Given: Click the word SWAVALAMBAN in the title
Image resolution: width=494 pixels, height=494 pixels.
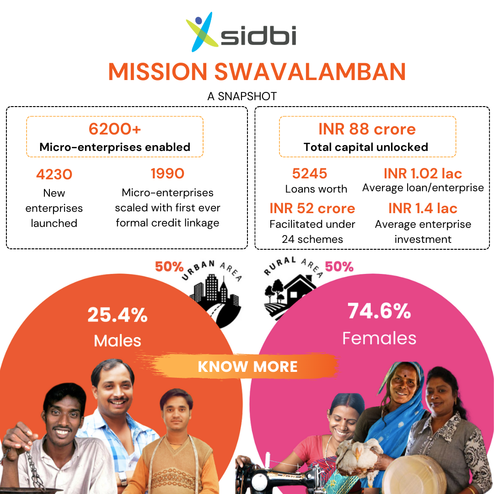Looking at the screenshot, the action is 310,71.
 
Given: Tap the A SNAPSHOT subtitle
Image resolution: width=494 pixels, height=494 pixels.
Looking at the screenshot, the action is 242,96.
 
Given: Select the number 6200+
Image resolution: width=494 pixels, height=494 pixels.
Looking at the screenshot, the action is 115,129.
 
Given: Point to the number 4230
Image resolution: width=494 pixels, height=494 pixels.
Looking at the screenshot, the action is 54,174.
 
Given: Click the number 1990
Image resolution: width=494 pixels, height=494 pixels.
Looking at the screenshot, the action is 167,174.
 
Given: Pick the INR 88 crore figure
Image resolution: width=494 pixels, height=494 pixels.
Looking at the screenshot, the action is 367,129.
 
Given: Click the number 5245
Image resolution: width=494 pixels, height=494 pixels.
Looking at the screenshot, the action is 309,174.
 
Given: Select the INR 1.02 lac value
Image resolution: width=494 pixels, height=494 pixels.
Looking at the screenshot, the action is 423,174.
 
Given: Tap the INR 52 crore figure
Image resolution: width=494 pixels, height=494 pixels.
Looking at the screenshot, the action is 312,208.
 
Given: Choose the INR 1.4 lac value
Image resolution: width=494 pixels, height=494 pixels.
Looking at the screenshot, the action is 423,208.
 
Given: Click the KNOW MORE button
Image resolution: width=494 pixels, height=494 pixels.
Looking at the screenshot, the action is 247,366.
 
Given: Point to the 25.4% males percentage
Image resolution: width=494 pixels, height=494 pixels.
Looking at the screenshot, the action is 118,315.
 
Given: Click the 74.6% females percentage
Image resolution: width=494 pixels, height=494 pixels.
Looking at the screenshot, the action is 379,311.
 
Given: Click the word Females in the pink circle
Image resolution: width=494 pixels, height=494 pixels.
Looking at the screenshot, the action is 379,338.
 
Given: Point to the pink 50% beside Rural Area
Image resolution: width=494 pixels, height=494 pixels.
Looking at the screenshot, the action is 339,267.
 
